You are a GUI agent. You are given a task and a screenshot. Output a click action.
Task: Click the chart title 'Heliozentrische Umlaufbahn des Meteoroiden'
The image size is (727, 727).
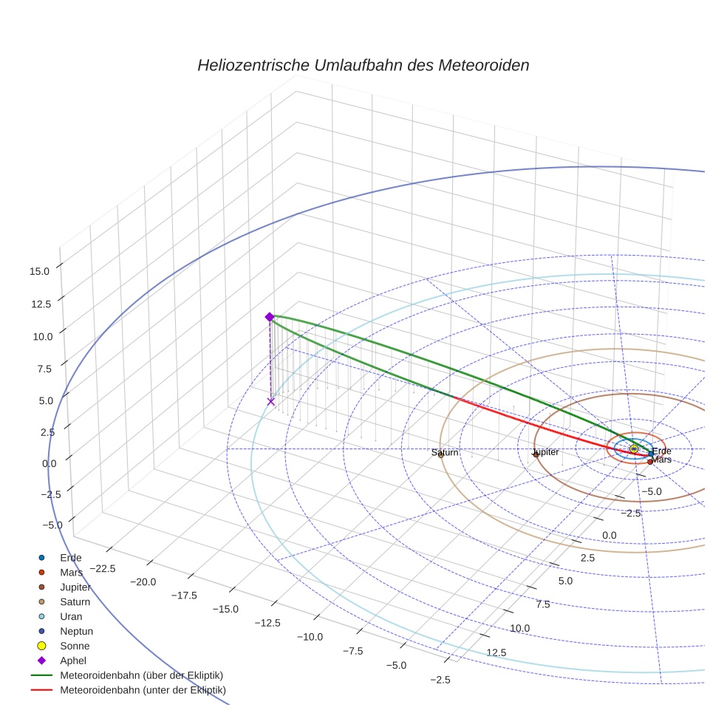363,65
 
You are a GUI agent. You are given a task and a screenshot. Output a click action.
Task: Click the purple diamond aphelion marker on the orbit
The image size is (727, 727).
270,316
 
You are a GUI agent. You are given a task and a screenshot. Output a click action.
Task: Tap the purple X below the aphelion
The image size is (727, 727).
271,401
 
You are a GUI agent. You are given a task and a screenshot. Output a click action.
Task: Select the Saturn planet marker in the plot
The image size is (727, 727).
440,455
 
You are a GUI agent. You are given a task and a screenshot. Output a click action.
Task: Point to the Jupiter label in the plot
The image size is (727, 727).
545,451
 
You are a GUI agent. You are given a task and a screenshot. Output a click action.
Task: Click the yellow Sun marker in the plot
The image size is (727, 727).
634,448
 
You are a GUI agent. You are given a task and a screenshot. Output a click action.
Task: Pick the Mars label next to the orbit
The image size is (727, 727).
662,460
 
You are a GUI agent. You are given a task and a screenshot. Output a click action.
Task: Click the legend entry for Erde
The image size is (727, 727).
71,557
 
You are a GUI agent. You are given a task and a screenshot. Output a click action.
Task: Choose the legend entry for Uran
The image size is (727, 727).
71,616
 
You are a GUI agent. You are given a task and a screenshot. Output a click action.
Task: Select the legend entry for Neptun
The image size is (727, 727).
76,631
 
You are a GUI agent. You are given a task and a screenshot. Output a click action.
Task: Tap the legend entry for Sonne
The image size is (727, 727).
75,646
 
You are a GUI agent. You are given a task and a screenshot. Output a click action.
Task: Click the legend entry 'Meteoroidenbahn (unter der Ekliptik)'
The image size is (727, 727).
143,690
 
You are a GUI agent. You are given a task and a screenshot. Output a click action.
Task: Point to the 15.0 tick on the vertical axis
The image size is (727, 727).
40,271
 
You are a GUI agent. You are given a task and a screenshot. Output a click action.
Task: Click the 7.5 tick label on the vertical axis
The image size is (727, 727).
42,369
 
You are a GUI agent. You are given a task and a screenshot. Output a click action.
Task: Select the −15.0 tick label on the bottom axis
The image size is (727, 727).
225,609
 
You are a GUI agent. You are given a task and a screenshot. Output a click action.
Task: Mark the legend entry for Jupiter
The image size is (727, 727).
76,587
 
